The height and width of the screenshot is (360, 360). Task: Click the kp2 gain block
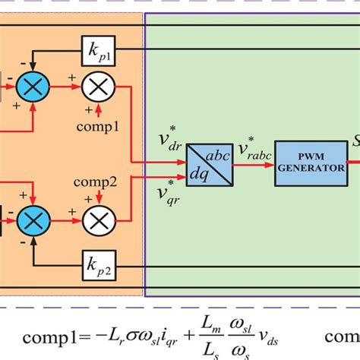click(x=100, y=267)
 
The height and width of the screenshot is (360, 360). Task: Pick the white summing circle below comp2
click(x=97, y=221)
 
